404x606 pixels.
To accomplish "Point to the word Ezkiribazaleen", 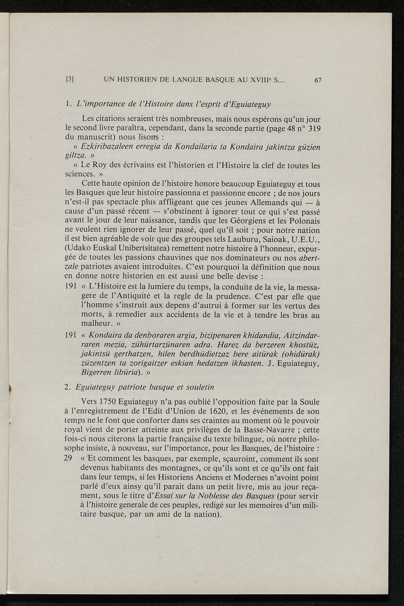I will coord(103,147).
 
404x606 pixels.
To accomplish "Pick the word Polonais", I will coord(305,221).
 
